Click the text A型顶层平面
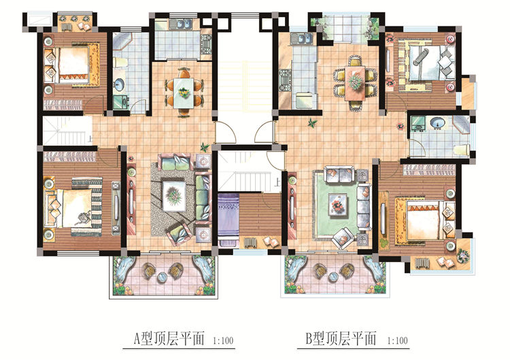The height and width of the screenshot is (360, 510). coord(169,337)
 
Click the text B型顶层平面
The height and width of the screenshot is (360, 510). coord(340,337)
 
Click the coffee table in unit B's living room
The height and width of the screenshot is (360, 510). coord(337,203)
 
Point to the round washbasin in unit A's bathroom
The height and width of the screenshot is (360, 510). coord(121,85)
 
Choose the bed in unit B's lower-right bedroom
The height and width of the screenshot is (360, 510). coord(422,218)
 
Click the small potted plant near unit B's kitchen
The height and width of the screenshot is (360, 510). coord(312,123)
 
